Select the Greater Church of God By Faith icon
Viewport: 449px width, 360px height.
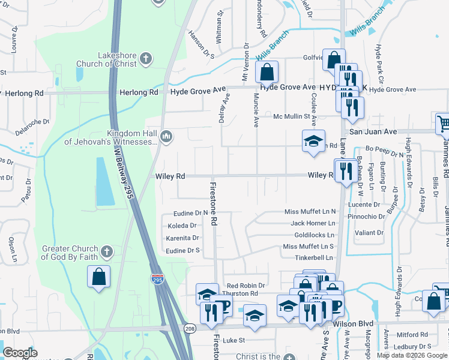pos(106,251)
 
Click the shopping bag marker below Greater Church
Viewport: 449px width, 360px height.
pos(98,277)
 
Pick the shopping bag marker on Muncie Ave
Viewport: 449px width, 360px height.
pos(267,71)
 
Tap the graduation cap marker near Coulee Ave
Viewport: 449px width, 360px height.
pos(313,141)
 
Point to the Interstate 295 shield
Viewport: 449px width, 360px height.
pos(157,279)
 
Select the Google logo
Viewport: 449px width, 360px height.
pos(20,353)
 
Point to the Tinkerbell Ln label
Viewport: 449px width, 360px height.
pos(313,257)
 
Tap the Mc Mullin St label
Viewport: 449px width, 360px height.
pos(291,116)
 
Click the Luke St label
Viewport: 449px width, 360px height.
pos(234,340)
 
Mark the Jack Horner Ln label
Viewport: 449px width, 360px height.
pos(313,223)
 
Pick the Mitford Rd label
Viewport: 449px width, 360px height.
pos(413,335)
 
